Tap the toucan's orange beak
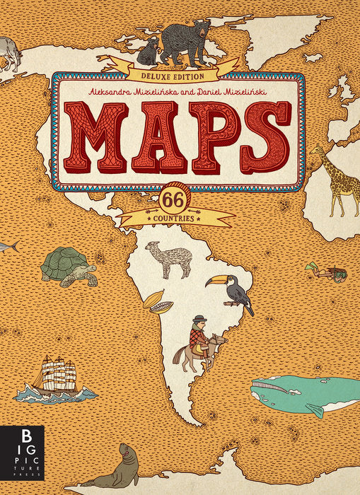coord(212,281)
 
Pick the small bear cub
coord(150,51)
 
